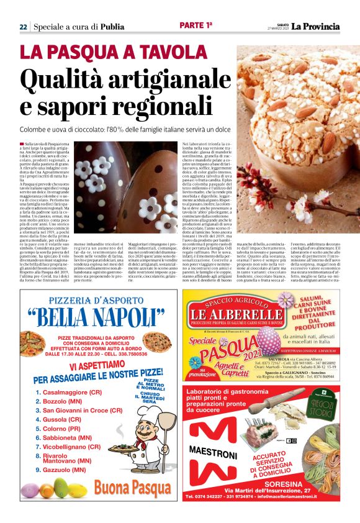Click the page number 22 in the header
pos(22,27)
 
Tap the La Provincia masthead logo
pos(316,26)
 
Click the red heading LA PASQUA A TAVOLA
pos(109,52)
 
